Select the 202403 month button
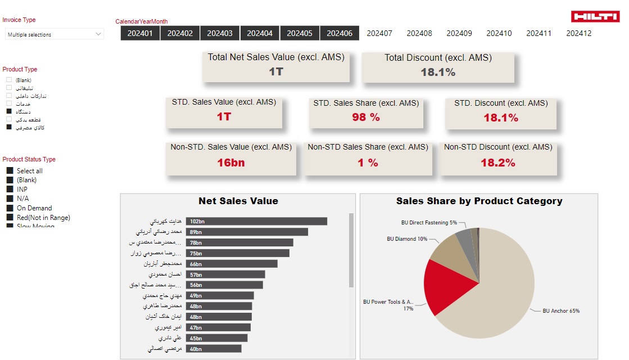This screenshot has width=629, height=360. pyautogui.click(x=220, y=33)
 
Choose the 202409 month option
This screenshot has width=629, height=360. pyautogui.click(x=459, y=33)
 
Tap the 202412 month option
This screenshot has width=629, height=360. pyautogui.click(x=579, y=33)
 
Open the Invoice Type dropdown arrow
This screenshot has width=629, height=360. pyautogui.click(x=99, y=34)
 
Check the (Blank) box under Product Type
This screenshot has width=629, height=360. pyautogui.click(x=9, y=80)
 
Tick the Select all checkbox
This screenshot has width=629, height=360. pyautogui.click(x=10, y=171)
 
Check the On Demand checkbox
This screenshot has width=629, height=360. pyautogui.click(x=10, y=208)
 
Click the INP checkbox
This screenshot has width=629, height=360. pyautogui.click(x=10, y=190)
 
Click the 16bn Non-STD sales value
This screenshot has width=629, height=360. pyautogui.click(x=231, y=163)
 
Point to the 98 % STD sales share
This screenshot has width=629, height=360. pyautogui.click(x=366, y=118)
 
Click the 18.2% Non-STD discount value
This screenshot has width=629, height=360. pyautogui.click(x=497, y=163)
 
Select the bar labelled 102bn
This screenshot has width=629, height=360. pyautogui.click(x=256, y=222)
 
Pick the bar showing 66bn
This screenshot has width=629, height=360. pyautogui.click(x=232, y=264)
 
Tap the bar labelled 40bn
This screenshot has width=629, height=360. pyautogui.click(x=214, y=348)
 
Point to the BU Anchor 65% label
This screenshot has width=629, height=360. pyautogui.click(x=560, y=311)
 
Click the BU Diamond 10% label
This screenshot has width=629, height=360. pyautogui.click(x=407, y=239)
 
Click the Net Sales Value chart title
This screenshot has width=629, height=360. pyautogui.click(x=238, y=201)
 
